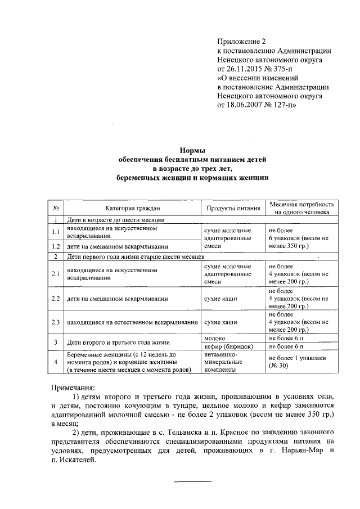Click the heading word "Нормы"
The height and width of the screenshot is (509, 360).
tap(192, 151)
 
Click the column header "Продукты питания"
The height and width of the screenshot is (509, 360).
tap(232, 208)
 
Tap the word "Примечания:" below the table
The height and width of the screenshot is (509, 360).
tap(73, 388)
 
